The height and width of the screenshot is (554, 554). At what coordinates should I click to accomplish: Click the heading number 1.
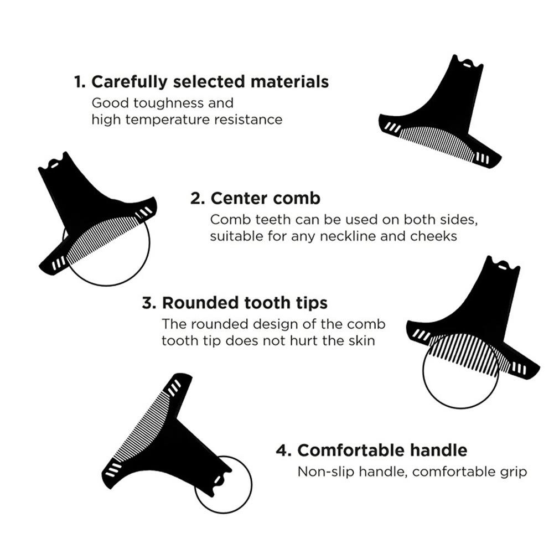click(79, 82)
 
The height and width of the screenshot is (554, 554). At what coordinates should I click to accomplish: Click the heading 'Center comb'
click(265, 198)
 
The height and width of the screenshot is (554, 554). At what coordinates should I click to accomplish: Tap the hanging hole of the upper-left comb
click(54, 164)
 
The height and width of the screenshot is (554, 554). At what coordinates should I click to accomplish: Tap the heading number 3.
click(148, 303)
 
